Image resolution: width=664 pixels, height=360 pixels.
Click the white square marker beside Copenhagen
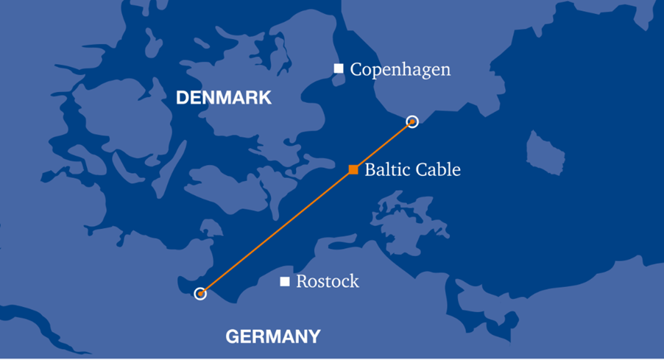coord(339,68)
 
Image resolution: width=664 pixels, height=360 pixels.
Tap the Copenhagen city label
coord(400,70)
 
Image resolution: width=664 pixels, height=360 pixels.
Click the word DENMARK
coord(224,98)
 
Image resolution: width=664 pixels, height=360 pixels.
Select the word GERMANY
coord(273,337)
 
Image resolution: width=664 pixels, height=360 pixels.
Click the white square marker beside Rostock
coord(285,281)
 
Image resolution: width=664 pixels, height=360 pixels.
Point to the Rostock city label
coord(328,281)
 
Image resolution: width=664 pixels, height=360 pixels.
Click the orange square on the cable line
coord(353,169)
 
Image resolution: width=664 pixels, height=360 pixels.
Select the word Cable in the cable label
coord(438,169)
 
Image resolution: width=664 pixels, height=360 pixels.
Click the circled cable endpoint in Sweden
coord(412,121)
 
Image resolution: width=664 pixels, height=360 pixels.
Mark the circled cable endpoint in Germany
coord(200,294)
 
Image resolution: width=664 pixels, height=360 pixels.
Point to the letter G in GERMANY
coord(232,337)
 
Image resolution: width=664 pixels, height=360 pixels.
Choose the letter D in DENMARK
coord(183,98)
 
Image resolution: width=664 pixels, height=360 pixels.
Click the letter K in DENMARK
coord(265,98)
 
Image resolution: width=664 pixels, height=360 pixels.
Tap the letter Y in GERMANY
coord(314,337)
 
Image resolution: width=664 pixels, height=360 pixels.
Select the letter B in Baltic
coord(370,169)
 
